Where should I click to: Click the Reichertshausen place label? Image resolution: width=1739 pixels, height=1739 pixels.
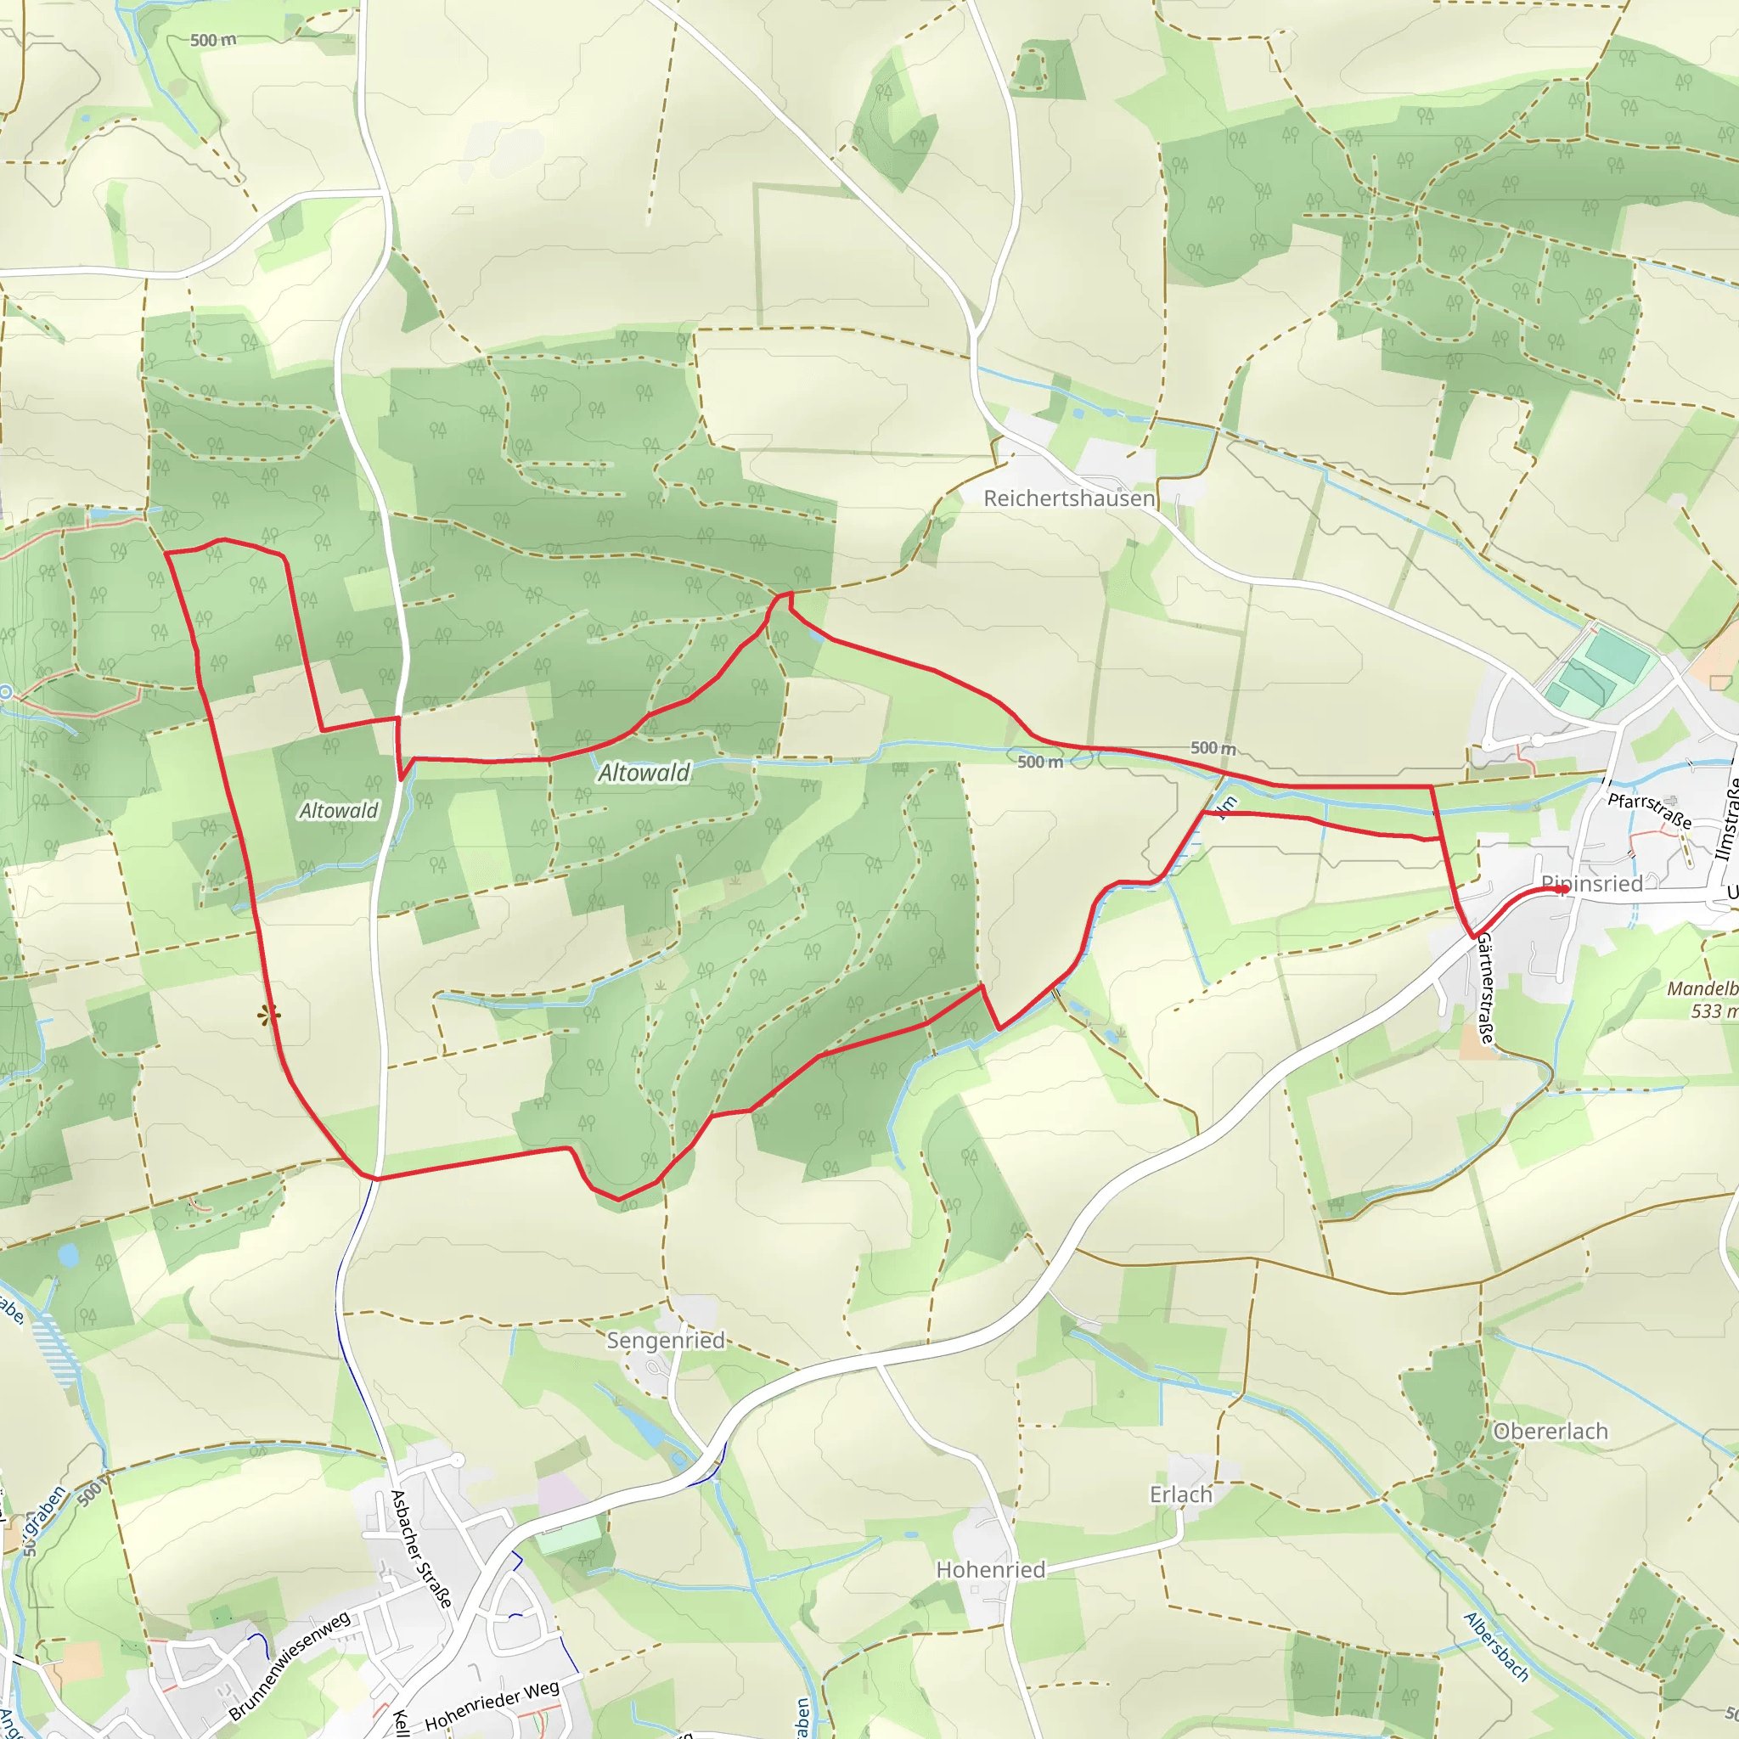click(x=1068, y=498)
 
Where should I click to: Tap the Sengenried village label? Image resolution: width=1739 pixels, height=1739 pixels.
click(x=665, y=1340)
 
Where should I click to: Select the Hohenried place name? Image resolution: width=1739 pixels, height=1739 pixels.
click(x=990, y=1570)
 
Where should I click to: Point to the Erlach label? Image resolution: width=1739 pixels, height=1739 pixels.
click(x=1181, y=1494)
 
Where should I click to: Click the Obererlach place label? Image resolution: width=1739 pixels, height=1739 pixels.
click(x=1550, y=1431)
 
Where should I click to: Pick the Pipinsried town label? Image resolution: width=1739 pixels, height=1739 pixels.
click(x=1591, y=884)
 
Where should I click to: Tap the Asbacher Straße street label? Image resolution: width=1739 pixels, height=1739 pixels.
click(x=420, y=1549)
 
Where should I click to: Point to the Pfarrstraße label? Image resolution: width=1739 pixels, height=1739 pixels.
click(x=1649, y=810)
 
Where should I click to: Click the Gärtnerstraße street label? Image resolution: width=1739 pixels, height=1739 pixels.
click(x=1485, y=988)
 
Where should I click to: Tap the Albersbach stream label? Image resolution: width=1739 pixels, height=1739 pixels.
click(x=1496, y=1646)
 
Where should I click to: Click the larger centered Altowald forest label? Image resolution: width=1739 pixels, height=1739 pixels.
click(x=644, y=773)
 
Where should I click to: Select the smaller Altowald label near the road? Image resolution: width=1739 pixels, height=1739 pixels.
click(x=339, y=811)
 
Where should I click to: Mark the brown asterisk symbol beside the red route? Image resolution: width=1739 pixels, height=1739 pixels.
click(x=268, y=1016)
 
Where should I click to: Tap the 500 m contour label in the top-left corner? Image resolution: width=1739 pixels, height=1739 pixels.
click(x=213, y=41)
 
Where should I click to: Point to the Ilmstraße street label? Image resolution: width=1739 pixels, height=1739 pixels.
click(x=1727, y=819)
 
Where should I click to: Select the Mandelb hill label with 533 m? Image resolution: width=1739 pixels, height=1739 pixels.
click(x=1701, y=1000)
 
